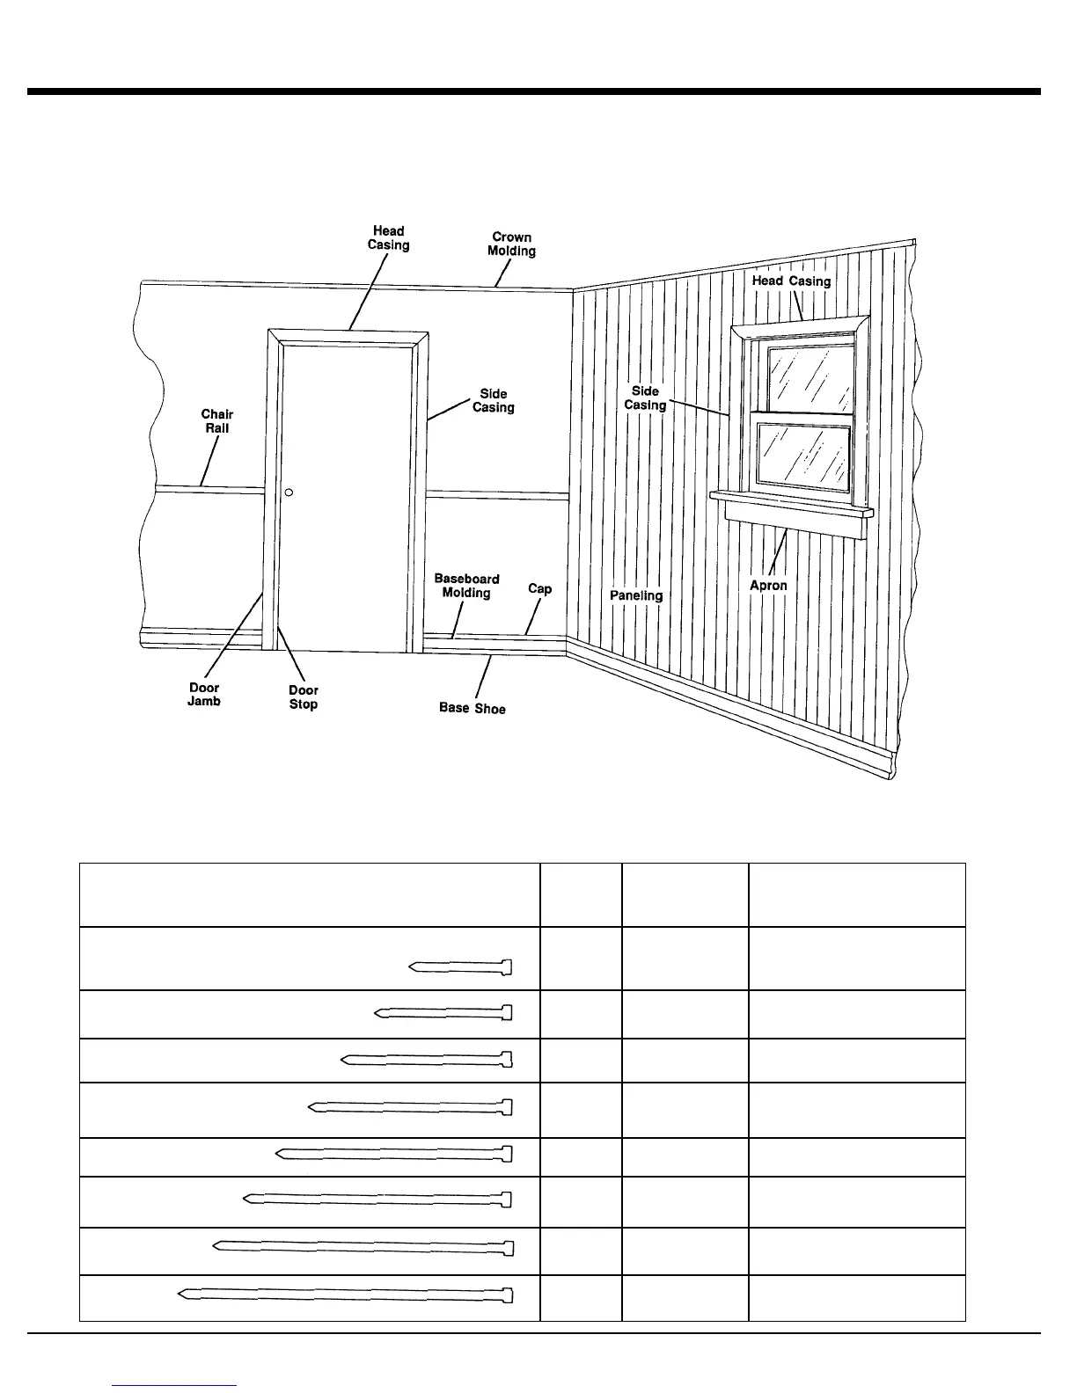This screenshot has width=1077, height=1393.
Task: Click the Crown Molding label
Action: [511, 244]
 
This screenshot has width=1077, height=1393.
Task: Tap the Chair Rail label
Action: [217, 421]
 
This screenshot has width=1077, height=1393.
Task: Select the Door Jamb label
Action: [204, 695]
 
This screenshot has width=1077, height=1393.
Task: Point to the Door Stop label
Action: [304, 697]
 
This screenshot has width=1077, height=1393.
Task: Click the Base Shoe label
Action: [473, 708]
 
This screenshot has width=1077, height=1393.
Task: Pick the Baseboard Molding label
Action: [466, 586]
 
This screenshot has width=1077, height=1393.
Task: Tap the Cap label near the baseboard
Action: [539, 588]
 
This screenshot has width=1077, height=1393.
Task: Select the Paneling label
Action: [636, 595]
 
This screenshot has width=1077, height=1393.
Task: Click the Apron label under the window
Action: [768, 586]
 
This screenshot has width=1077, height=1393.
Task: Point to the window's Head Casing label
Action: [791, 281]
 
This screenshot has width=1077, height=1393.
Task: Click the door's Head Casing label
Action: [388, 238]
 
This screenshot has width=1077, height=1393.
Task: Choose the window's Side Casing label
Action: [645, 398]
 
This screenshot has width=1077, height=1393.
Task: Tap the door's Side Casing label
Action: [493, 401]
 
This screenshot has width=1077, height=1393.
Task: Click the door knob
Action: [289, 492]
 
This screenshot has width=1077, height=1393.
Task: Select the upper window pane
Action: [810, 376]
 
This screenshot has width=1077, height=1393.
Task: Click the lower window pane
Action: [804, 454]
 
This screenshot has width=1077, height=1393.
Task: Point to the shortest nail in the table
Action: [460, 968]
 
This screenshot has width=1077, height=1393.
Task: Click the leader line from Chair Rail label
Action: [210, 461]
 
